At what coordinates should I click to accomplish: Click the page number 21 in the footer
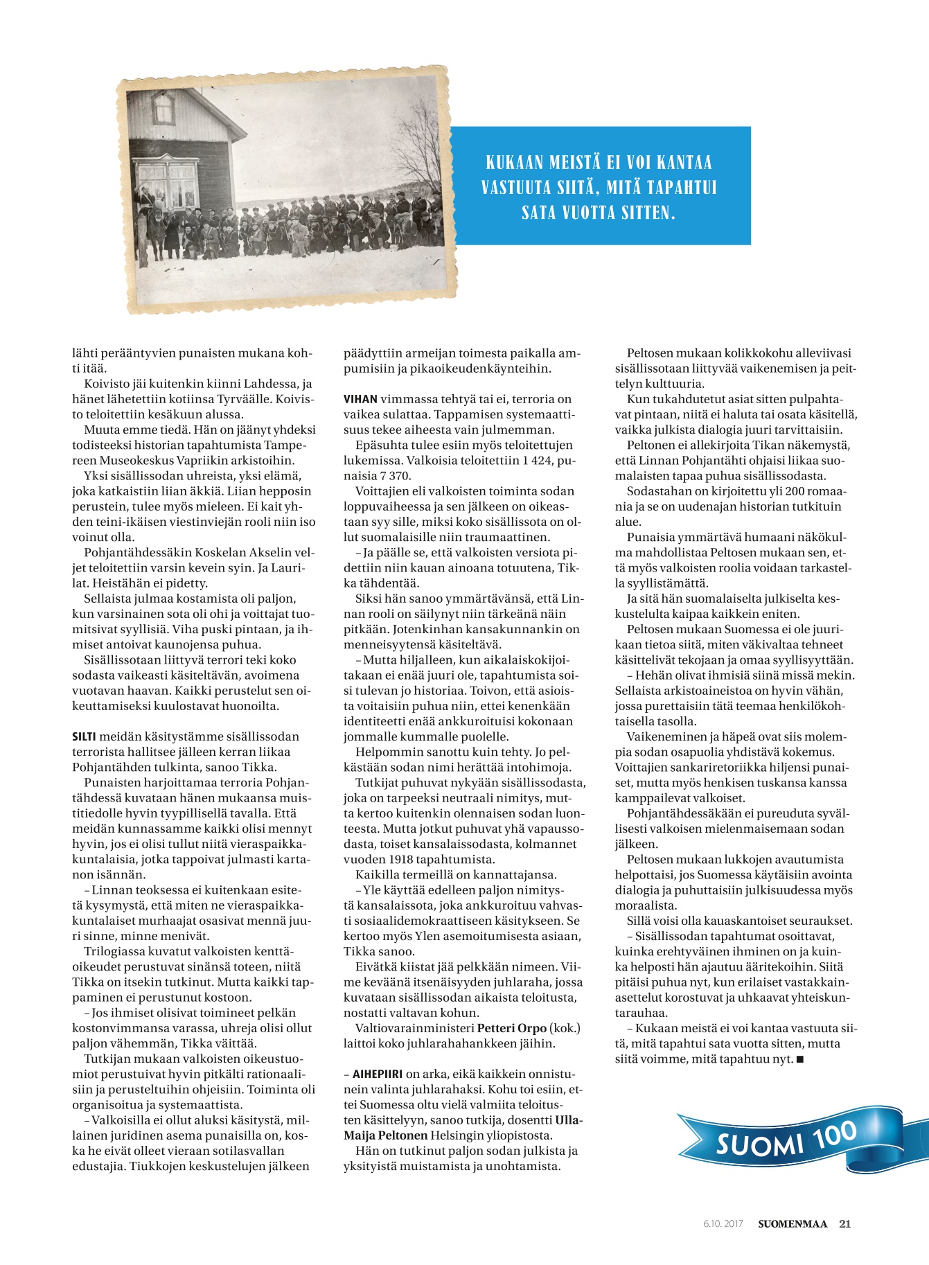coord(844,1223)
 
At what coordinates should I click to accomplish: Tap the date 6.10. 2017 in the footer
coord(723,1224)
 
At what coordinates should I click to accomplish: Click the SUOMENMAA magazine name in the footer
coord(793,1223)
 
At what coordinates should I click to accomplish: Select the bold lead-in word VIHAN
coord(360,399)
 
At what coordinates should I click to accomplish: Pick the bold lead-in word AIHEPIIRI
coord(378,1074)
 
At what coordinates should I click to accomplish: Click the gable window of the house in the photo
coord(163,109)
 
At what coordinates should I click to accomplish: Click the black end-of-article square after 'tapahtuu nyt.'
coord(800,1059)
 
